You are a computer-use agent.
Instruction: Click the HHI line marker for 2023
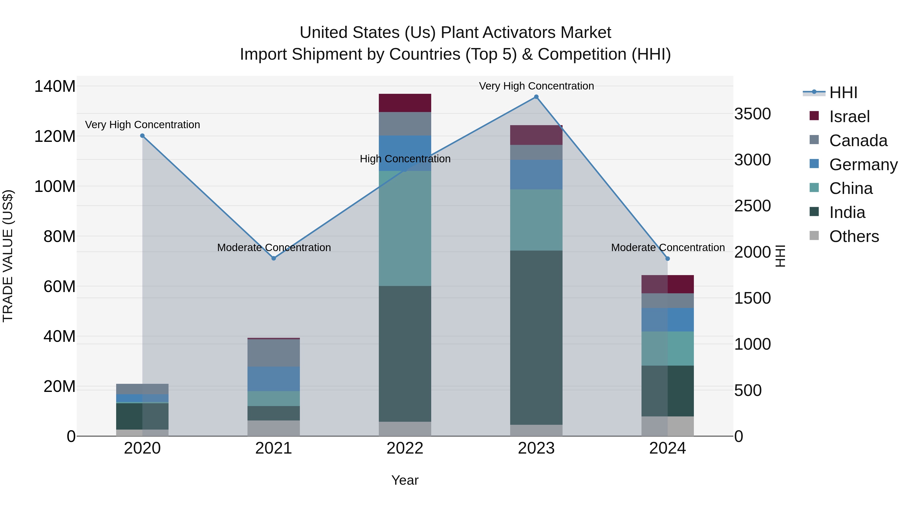pyautogui.click(x=536, y=97)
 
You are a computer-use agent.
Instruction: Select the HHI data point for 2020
pyautogui.click(x=142, y=136)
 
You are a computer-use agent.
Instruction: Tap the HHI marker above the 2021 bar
pyautogui.click(x=273, y=258)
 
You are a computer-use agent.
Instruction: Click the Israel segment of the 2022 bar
pyautogui.click(x=405, y=103)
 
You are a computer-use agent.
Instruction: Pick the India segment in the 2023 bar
pyautogui.click(x=536, y=338)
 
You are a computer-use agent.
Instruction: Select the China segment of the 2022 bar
pyautogui.click(x=405, y=228)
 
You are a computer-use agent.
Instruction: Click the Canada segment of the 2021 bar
pyautogui.click(x=273, y=353)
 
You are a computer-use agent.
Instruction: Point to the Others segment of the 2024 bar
pyautogui.click(x=667, y=426)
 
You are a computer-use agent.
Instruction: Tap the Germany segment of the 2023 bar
pyautogui.click(x=536, y=174)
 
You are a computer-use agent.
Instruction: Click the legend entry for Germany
pyautogui.click(x=863, y=165)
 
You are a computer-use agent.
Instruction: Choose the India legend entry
pyautogui.click(x=847, y=213)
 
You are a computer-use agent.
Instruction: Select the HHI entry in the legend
pyautogui.click(x=843, y=93)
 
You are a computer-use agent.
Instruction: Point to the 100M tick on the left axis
pyautogui.click(x=55, y=186)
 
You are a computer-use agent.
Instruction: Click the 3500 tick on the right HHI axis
pyautogui.click(x=752, y=114)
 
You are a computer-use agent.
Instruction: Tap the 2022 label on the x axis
pyautogui.click(x=405, y=448)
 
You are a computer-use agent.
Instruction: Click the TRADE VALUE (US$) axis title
pyautogui.click(x=8, y=256)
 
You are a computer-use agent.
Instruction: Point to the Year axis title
pyautogui.click(x=405, y=480)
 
